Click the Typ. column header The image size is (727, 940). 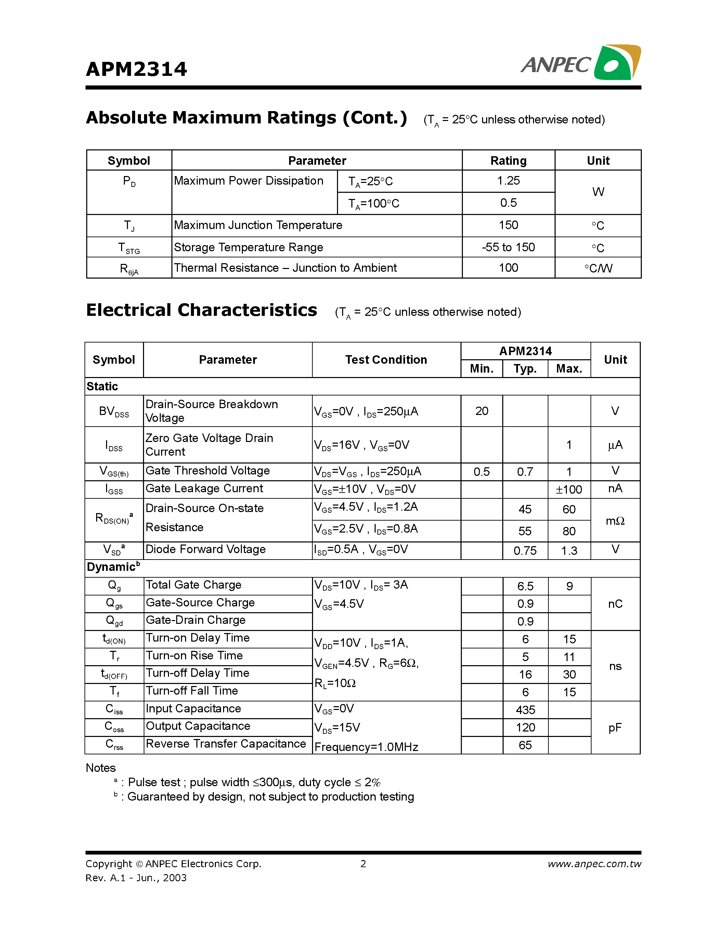[x=525, y=369]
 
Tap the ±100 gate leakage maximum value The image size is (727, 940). [x=569, y=490]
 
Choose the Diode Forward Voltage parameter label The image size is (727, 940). [x=205, y=549]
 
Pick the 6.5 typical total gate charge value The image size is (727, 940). [x=525, y=586]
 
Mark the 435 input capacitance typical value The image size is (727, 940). [x=525, y=710]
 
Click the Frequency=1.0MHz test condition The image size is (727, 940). [x=366, y=747]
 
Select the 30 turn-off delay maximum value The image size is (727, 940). [x=569, y=674]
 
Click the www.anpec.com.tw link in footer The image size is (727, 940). [x=594, y=864]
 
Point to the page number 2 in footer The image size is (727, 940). [x=363, y=864]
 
